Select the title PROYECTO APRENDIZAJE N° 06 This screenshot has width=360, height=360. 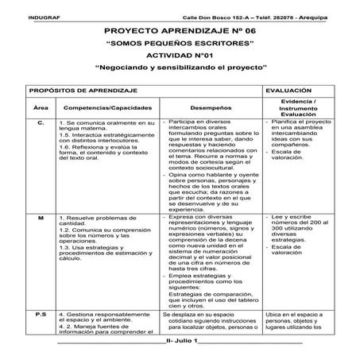(x=180, y=29)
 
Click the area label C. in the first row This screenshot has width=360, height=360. (x=41, y=123)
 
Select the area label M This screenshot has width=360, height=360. (x=40, y=216)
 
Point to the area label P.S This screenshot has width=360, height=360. (x=41, y=315)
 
